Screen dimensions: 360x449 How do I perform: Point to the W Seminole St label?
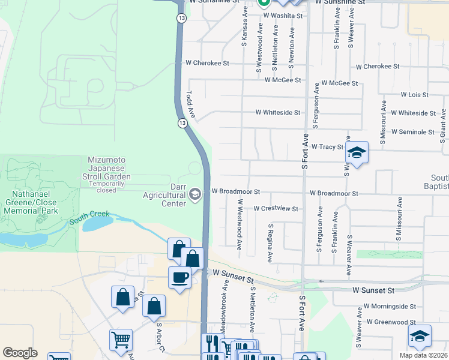coord(412,131)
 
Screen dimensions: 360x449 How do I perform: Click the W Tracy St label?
coord(327,146)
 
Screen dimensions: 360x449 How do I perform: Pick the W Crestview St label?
coord(276,208)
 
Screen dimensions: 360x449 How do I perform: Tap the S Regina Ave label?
coord(271,241)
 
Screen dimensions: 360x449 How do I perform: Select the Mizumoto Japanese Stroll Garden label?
coord(109,173)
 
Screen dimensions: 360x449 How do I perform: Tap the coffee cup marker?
coord(179,277)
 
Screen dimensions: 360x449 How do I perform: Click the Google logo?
coord(20,353)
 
